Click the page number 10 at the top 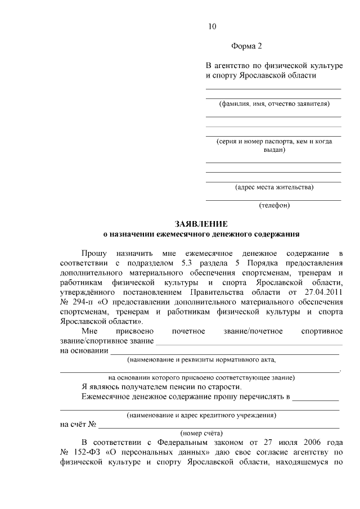212,26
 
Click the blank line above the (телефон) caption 273,199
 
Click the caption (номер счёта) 201,433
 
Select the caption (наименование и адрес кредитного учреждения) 201,415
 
